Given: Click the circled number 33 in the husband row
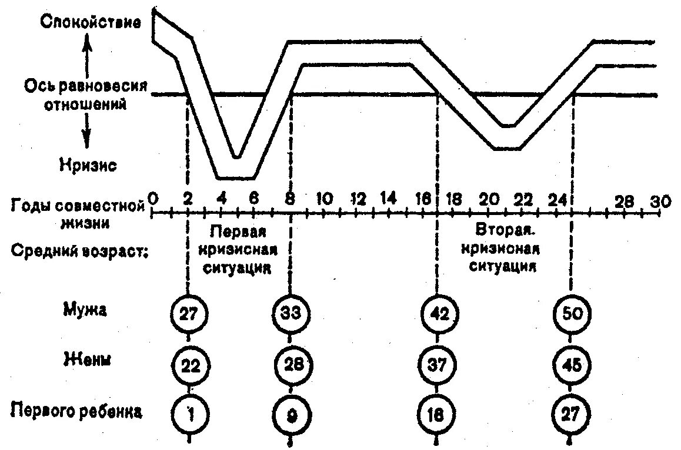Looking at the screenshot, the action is [290, 314].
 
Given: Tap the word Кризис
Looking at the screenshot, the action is [87, 165].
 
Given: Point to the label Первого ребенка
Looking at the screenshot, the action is [76, 411].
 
